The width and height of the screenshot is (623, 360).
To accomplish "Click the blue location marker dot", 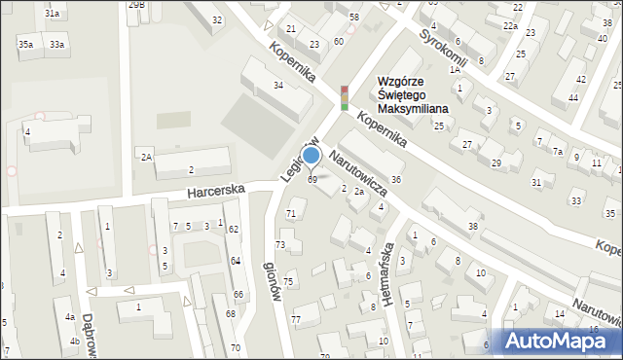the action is pos(311,155).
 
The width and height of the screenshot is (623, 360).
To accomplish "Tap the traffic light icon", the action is pos(345,97).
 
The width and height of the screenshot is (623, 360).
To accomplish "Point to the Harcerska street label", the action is pos(216,193).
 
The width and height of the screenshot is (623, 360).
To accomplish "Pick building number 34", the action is pos(278,86).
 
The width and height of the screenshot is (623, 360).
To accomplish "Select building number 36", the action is pos(396,180).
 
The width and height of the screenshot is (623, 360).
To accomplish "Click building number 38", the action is pos(473,226).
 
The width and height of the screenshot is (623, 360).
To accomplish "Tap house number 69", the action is pos(312,180).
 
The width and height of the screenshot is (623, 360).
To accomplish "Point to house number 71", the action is pos(290,213).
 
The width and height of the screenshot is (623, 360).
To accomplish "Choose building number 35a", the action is pos(25,45).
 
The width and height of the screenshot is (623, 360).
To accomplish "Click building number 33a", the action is pos(58,45).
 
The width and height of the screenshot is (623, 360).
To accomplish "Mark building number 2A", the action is pos(145,157).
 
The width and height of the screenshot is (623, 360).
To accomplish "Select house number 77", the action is pos(295,320).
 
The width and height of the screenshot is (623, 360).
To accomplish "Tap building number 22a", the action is pos(509,26).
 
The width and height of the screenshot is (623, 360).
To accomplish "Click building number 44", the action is pos(573,98).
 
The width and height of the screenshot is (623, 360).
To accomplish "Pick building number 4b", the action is pos(74,341).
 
